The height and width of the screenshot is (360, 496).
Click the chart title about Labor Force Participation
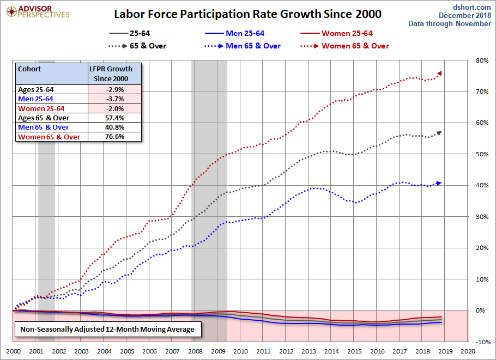247,13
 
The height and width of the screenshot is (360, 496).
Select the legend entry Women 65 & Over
355,46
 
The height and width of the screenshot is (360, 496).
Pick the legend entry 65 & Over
148,46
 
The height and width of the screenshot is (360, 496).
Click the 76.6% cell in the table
115,137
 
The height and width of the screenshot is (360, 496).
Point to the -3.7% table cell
115,99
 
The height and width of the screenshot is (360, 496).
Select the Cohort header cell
30,70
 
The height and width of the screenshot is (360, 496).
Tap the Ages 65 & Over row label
44,118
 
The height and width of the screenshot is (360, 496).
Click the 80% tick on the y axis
482,60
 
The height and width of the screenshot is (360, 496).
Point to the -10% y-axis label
481,342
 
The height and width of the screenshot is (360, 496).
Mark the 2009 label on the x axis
218,352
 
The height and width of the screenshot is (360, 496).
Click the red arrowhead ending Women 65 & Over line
439,73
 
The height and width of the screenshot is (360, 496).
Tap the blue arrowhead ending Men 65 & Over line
439,183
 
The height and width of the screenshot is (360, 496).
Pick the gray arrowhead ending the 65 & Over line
439,133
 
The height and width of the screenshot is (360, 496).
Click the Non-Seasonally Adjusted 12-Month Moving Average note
107,330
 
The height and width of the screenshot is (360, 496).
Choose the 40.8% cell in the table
115,127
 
